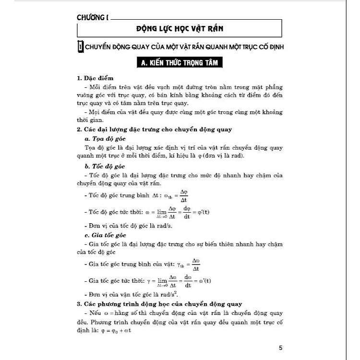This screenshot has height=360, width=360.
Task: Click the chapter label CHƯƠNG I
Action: click(x=92, y=18)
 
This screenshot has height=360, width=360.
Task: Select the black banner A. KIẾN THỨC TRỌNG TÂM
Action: click(x=180, y=63)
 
